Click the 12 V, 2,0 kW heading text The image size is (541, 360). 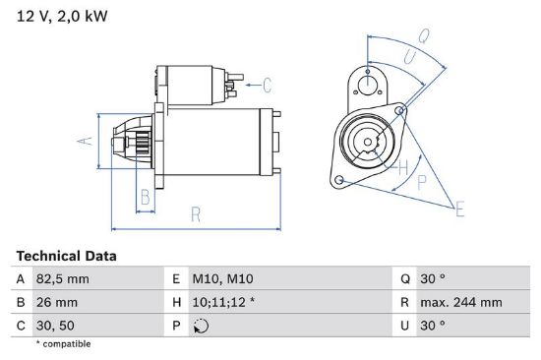[x=62, y=16]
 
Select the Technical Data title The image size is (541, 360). [x=66, y=256]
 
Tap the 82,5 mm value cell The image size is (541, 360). [x=62, y=279]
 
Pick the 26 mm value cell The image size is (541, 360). [x=57, y=302]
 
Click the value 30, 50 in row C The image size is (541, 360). [x=55, y=326]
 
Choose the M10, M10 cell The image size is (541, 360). [x=222, y=279]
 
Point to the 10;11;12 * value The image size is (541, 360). [x=223, y=302]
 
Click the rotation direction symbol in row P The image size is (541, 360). [x=201, y=326]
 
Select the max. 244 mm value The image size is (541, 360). [x=461, y=302]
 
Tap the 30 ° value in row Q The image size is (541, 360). [x=433, y=279]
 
